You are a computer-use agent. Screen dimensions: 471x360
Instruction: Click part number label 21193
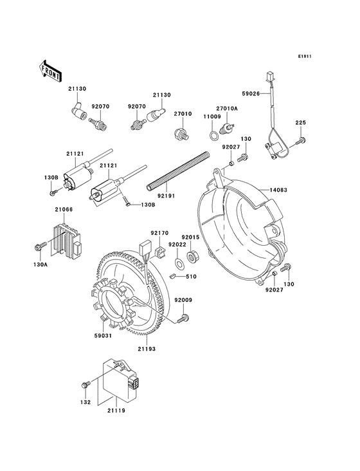[146, 348]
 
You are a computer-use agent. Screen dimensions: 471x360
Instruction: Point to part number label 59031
[88, 335]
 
